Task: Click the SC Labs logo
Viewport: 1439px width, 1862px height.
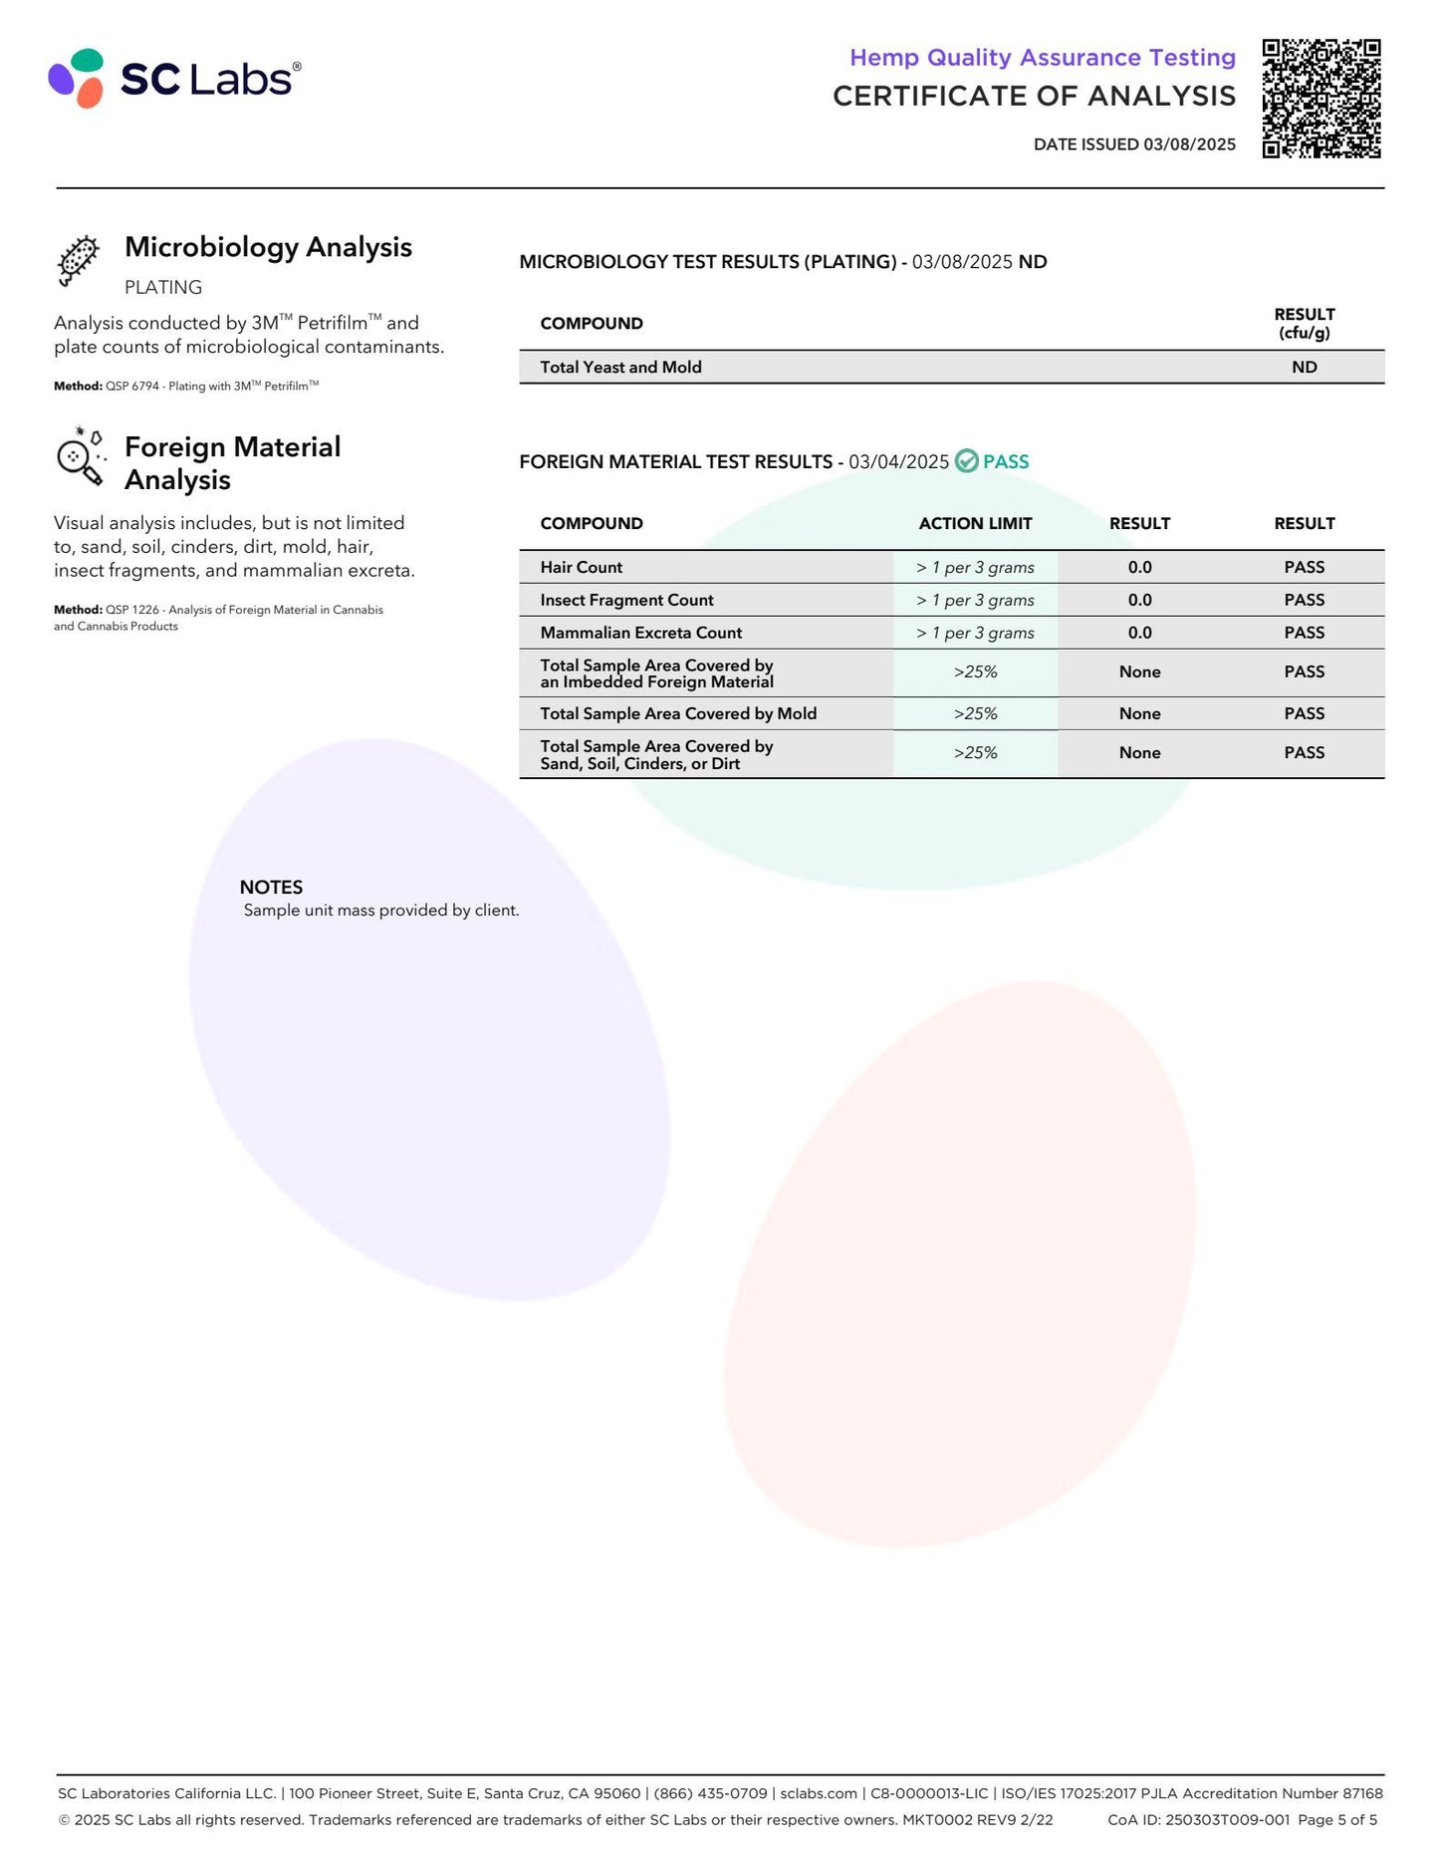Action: [174, 78]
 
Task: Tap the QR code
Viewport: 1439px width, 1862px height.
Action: [1320, 99]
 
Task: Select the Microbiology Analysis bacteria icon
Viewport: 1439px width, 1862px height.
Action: [79, 260]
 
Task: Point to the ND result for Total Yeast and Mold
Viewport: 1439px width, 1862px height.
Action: [1304, 368]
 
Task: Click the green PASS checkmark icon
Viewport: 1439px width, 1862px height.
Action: [966, 461]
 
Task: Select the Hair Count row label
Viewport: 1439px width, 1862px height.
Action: [582, 567]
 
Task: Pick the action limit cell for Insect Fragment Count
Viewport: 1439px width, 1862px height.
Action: [975, 600]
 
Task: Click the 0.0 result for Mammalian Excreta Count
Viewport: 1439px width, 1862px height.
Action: [1139, 633]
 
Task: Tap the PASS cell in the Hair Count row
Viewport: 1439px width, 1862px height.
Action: [1304, 567]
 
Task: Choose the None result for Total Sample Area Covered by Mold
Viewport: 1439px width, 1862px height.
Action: [1139, 713]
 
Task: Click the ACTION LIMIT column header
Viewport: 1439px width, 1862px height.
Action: [975, 524]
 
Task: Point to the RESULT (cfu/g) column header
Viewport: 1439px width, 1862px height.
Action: [1304, 324]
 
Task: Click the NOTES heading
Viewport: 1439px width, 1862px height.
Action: [271, 887]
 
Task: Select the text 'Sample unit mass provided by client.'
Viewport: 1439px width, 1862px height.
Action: [381, 911]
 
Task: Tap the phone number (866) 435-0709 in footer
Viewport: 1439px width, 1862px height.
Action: [710, 1793]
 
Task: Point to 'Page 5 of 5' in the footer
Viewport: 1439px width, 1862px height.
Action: [1337, 1820]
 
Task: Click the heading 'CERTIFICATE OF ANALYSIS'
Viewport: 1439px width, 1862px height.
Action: [1034, 96]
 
